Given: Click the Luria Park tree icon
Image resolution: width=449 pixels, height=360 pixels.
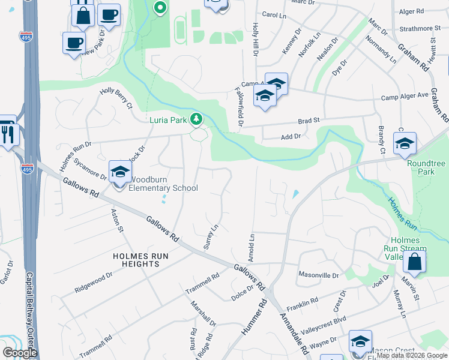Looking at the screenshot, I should [196, 119].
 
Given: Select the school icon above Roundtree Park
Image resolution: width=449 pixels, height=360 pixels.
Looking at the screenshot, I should [405, 144].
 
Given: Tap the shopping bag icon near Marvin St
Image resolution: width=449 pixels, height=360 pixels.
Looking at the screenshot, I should [414, 262].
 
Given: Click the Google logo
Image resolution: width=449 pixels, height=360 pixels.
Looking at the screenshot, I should [19, 353].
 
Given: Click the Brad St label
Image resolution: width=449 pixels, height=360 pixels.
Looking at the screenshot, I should [308, 121].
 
